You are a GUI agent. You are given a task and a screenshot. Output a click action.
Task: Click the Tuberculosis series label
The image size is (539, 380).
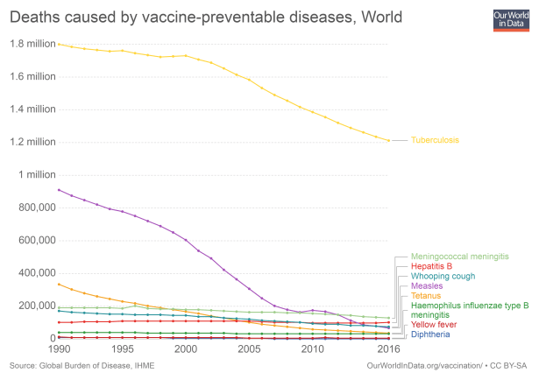point(435,140)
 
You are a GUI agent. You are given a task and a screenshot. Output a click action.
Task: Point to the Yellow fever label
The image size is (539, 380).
point(433,324)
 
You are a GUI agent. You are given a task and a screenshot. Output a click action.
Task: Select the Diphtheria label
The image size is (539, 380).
point(430,334)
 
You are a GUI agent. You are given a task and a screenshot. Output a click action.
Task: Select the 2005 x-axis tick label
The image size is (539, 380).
point(250,349)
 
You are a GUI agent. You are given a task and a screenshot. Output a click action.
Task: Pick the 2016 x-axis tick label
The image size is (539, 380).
point(388,349)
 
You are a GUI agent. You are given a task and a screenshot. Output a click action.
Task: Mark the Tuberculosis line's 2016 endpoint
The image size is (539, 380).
point(389,140)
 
